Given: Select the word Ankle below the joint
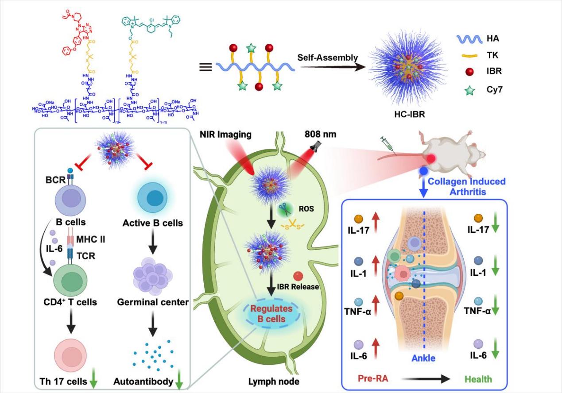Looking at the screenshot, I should (x=423, y=358).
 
